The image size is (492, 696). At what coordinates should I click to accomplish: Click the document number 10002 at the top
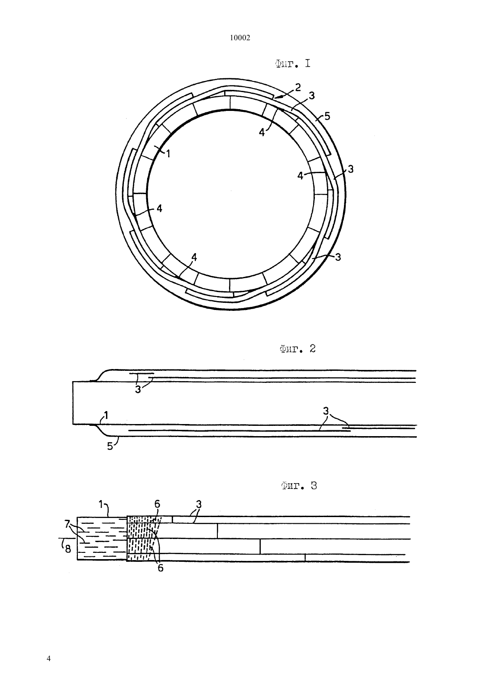tap(240, 38)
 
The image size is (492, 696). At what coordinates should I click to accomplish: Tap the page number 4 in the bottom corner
tap(48, 658)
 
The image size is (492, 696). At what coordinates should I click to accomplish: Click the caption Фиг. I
tap(293, 64)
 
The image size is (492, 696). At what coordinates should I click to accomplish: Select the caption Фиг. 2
tap(297, 349)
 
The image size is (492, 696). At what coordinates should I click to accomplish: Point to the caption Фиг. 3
tap(299, 486)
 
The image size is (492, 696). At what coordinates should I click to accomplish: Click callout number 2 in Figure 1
tap(298, 87)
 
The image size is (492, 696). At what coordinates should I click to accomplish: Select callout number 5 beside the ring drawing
tap(327, 116)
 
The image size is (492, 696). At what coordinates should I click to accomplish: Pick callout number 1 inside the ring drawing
tap(168, 153)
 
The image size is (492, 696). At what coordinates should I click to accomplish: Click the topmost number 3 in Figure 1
tap(312, 95)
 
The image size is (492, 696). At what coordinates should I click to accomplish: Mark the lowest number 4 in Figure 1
tap(194, 257)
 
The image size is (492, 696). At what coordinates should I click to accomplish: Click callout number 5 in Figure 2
tap(110, 446)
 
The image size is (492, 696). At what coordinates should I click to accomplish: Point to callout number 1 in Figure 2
tap(106, 415)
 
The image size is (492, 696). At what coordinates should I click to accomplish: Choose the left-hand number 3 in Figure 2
tap(138, 389)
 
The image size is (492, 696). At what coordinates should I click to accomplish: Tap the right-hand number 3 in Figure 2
tap(326, 411)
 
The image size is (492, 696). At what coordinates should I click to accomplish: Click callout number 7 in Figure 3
tap(67, 524)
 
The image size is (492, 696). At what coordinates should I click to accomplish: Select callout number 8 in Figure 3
tap(68, 549)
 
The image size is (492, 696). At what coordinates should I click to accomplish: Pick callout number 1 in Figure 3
tap(101, 505)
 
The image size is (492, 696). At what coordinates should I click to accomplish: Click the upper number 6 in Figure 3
tap(157, 504)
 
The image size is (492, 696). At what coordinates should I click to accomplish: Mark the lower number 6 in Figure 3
tap(160, 568)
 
